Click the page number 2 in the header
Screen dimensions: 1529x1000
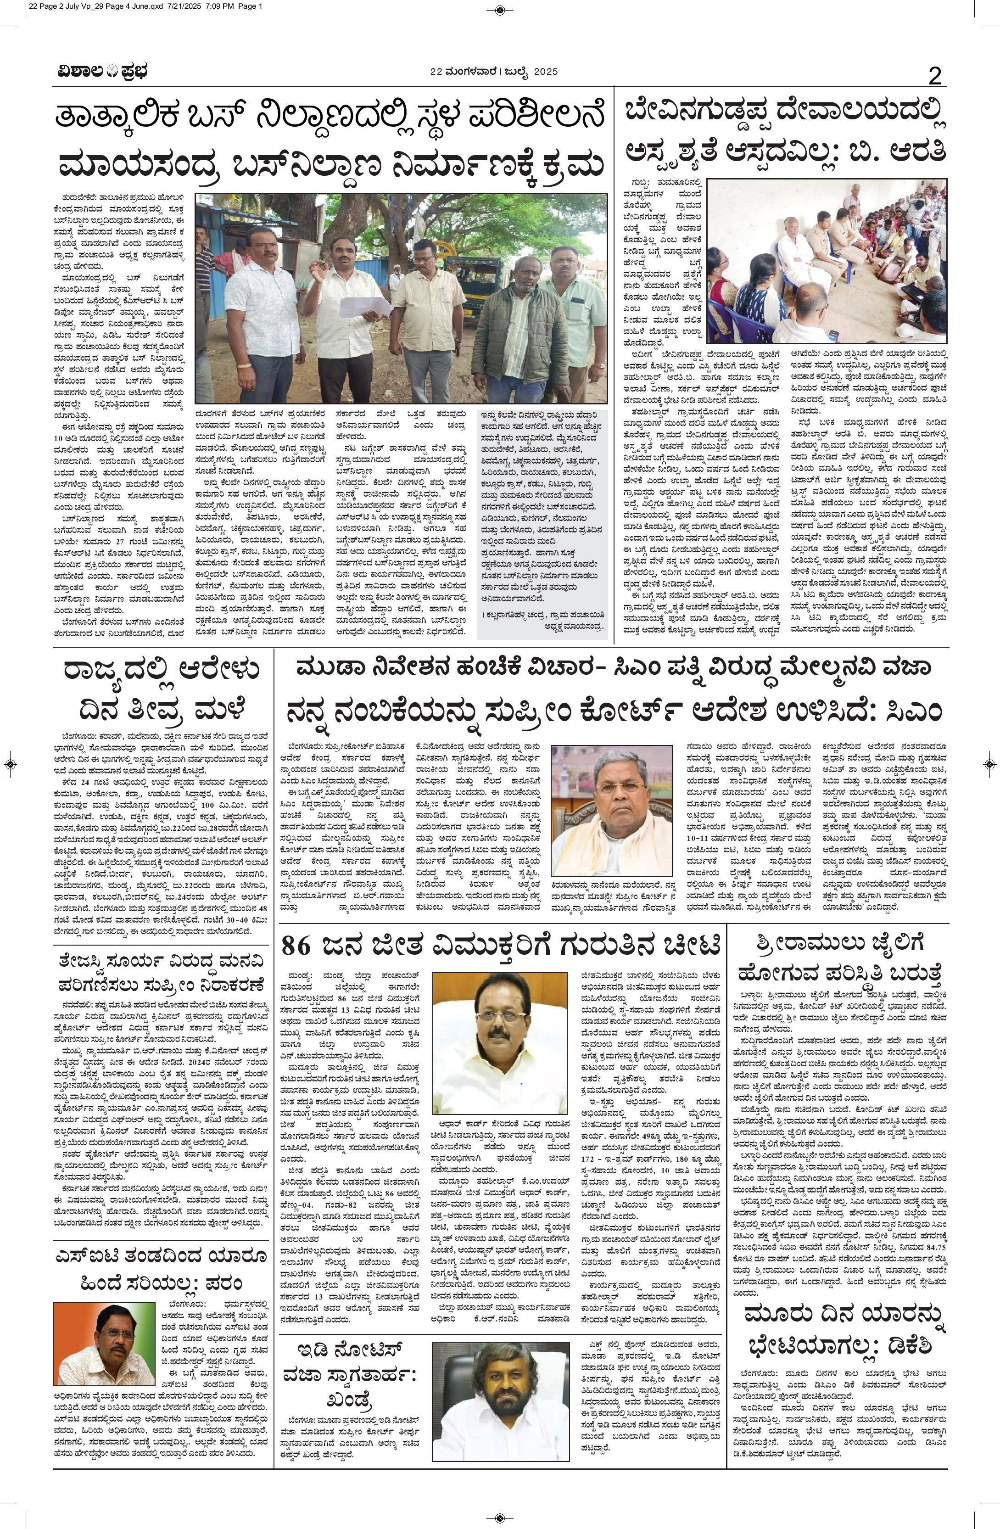click(934, 77)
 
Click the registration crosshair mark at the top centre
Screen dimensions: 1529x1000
click(500, 10)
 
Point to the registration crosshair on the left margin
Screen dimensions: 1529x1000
click(10, 765)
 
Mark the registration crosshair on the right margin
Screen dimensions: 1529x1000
click(990, 765)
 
